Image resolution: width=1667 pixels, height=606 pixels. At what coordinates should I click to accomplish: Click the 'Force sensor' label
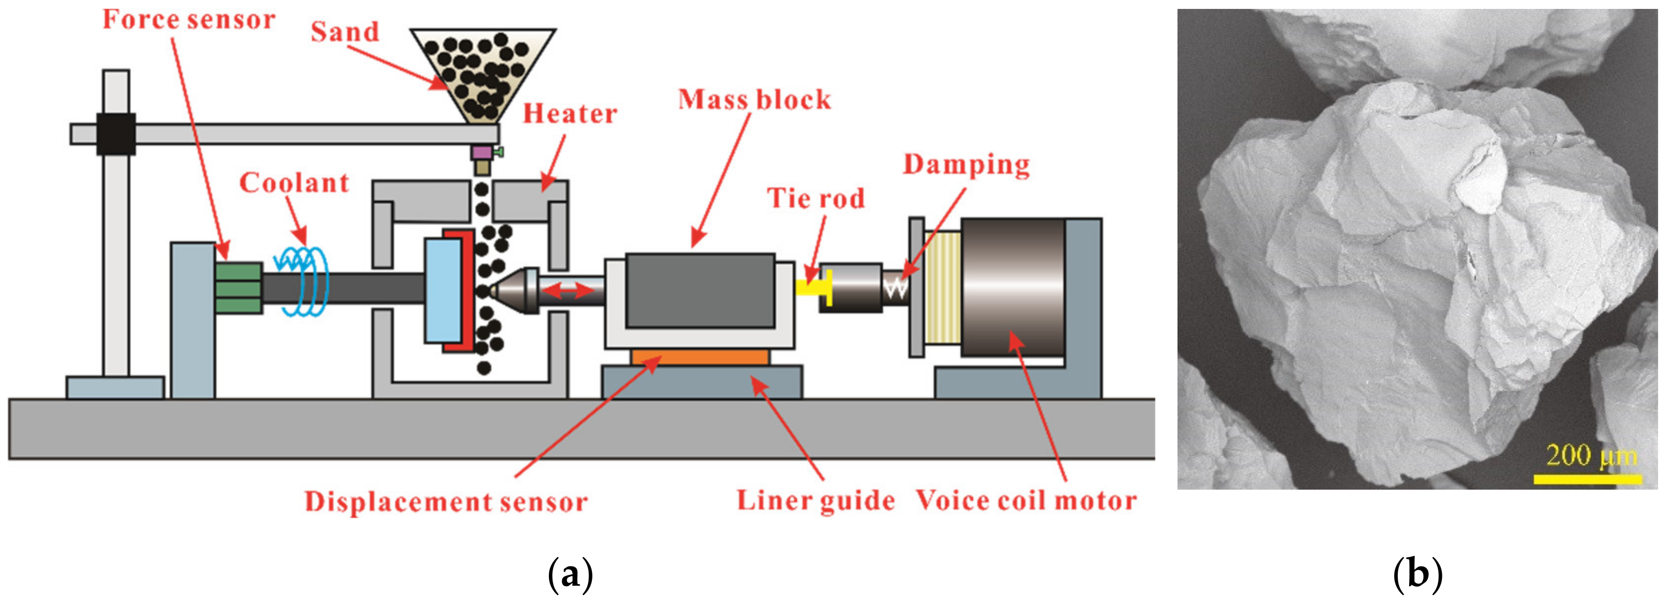(x=189, y=19)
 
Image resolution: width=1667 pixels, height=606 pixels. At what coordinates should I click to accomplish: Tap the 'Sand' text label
(x=344, y=32)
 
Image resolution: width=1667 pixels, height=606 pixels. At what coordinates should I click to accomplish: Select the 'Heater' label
(x=570, y=114)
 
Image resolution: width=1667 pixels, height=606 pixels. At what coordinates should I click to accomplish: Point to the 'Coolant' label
(x=294, y=183)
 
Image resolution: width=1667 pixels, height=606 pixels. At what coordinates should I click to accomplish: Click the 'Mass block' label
(x=754, y=100)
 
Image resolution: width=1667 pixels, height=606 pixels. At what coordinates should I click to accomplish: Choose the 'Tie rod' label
(x=815, y=198)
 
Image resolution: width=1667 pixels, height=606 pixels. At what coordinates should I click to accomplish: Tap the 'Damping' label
(x=966, y=165)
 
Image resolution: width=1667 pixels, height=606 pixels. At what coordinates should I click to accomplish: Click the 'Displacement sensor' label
(x=446, y=502)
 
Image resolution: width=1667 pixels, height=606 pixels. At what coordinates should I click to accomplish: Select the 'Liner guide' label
(x=815, y=501)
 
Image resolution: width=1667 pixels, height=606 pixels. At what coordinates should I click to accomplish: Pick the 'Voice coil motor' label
(x=1026, y=501)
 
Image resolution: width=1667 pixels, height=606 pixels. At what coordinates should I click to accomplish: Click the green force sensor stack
(x=239, y=288)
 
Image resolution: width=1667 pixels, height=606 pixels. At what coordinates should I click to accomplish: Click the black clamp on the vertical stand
(x=116, y=134)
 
